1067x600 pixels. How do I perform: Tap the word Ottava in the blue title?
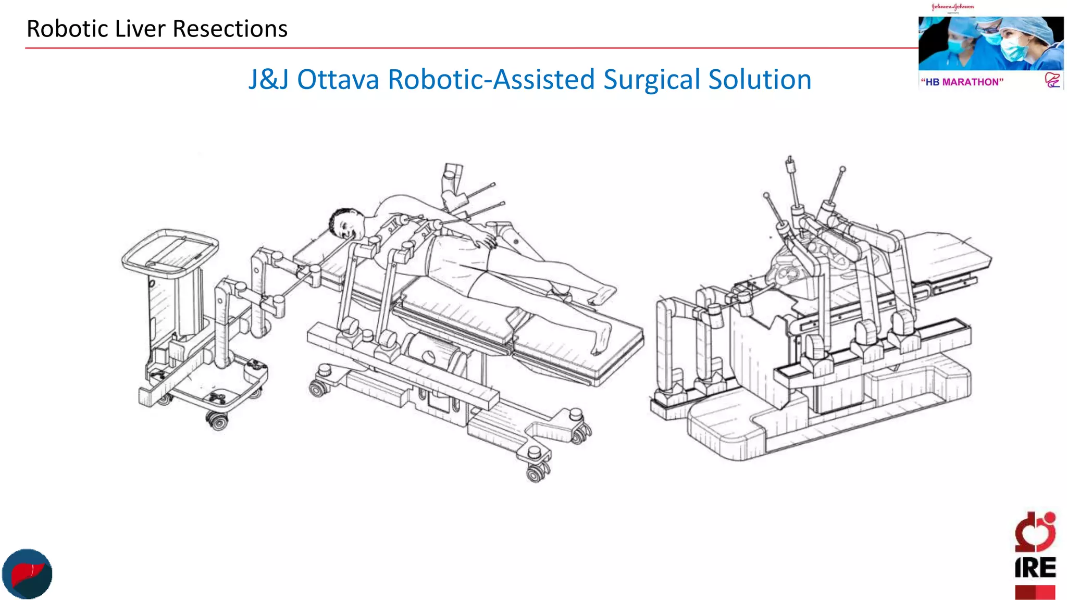[x=338, y=80]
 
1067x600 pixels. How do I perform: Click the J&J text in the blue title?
[x=268, y=80]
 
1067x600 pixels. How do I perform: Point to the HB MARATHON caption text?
[x=962, y=82]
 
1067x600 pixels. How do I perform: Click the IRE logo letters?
[x=1035, y=568]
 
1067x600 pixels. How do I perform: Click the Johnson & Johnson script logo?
[x=952, y=7]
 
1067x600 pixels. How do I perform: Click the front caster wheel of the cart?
[x=217, y=420]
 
